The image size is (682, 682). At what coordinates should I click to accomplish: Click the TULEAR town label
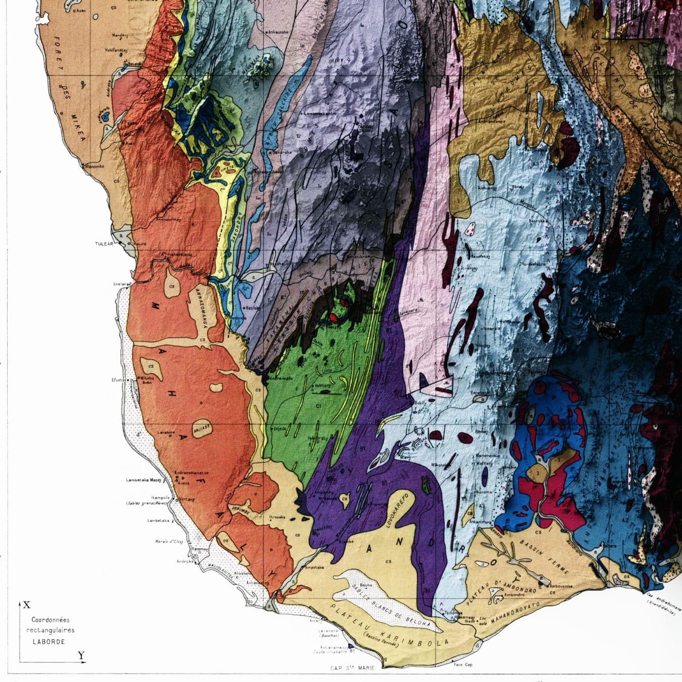point(105,244)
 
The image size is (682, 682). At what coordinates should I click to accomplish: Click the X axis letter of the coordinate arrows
point(27,605)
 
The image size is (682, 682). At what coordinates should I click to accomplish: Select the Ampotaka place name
point(316,567)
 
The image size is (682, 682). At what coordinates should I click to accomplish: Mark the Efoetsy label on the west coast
point(119,380)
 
